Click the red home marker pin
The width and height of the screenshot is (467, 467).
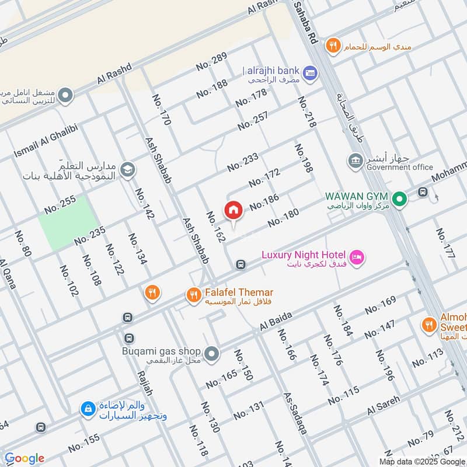click(x=233, y=210)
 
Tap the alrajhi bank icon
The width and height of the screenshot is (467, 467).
click(x=311, y=72)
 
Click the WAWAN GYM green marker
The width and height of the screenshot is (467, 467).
click(x=399, y=200)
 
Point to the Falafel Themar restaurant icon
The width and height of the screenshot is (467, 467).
click(x=193, y=295)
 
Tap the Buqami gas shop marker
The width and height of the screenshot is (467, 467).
click(x=212, y=354)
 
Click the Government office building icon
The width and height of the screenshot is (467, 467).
click(x=354, y=160)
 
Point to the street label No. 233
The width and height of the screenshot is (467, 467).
click(x=243, y=162)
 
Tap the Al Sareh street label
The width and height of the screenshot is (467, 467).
click(x=384, y=405)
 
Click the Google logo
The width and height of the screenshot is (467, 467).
click(x=24, y=458)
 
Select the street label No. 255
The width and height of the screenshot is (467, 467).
click(x=60, y=204)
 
